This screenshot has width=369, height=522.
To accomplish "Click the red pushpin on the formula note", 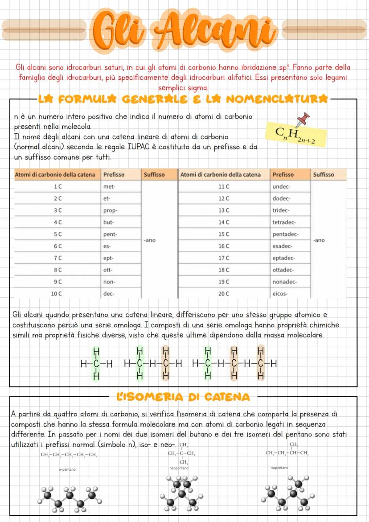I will pyautogui.click(x=304, y=119).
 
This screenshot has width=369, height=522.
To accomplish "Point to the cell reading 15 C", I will pyautogui.click(x=224, y=234).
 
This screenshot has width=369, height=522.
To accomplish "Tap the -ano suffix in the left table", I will pyautogui.click(x=150, y=240).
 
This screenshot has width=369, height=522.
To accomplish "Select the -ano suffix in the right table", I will pyautogui.click(x=319, y=240).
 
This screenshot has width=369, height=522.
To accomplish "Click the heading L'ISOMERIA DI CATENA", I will pyautogui.click(x=183, y=396).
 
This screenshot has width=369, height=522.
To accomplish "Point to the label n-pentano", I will pyautogui.click(x=66, y=469).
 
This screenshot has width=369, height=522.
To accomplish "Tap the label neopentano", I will pyautogui.click(x=179, y=468).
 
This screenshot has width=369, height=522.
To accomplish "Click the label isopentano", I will pyautogui.click(x=279, y=468).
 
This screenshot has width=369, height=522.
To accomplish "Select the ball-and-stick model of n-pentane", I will pyautogui.click(x=70, y=499).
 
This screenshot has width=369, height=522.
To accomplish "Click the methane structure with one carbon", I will pyautogui.click(x=96, y=363).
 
